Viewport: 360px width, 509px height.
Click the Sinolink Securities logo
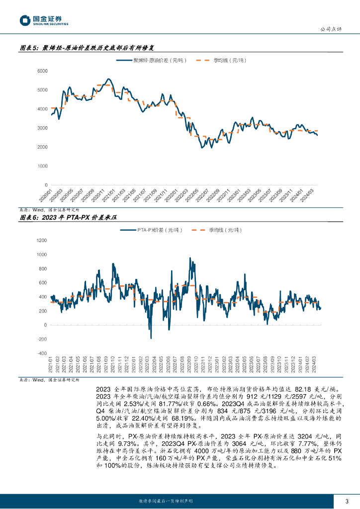click(44, 20)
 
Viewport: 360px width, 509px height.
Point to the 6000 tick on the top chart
click(42, 71)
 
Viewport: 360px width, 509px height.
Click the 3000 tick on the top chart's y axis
click(42, 128)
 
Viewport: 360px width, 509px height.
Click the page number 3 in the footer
click(346, 501)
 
